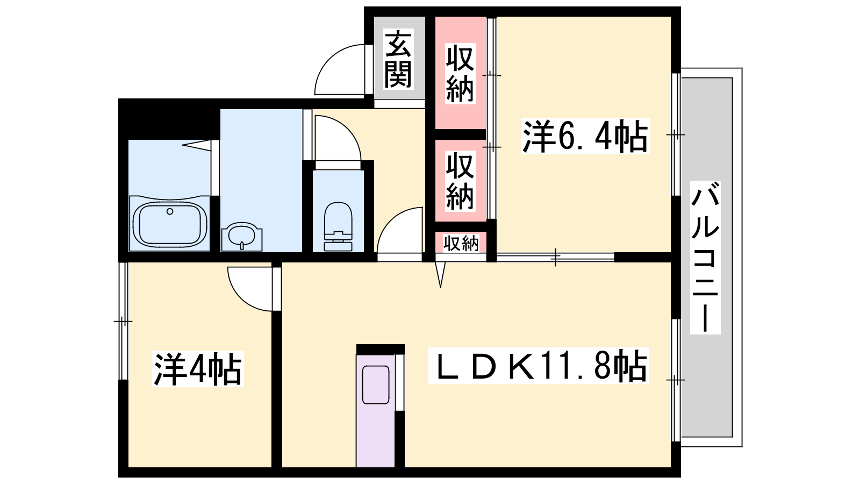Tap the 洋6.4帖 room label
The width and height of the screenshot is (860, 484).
(x=585, y=136)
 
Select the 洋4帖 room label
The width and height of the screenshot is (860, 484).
(x=198, y=368)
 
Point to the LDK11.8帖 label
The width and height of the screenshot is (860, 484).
(x=538, y=365)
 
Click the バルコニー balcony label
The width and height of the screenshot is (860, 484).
(x=705, y=258)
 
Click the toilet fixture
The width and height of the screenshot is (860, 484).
(x=338, y=226)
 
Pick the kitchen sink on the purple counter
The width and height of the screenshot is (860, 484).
(x=376, y=385)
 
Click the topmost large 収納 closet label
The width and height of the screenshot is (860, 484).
(x=460, y=73)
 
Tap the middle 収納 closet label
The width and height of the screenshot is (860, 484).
(x=460, y=181)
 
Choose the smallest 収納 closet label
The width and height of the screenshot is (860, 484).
(x=461, y=243)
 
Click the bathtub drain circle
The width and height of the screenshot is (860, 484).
(x=170, y=211)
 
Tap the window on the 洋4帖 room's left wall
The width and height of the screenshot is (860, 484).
(x=123, y=321)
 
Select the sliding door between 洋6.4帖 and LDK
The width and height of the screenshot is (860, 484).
(x=556, y=258)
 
